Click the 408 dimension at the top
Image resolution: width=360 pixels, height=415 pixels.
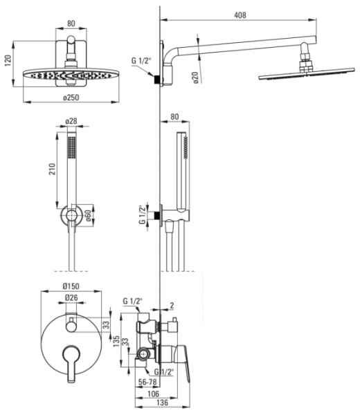pos(240,15)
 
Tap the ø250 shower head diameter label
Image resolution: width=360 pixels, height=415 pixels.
pos(71,98)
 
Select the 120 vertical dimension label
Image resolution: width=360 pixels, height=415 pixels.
pos(8,61)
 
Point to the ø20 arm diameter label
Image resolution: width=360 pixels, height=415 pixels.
pos(195,77)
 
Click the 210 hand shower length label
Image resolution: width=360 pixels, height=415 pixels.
pos(52,169)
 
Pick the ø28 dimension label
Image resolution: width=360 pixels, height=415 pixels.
pos(71,121)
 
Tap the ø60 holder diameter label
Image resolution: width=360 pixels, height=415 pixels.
pos(88,216)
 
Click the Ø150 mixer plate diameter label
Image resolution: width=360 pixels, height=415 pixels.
pos(71,286)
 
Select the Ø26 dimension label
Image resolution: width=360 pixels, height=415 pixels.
pos(71,297)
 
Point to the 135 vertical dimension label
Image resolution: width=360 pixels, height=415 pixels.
pos(116,342)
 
